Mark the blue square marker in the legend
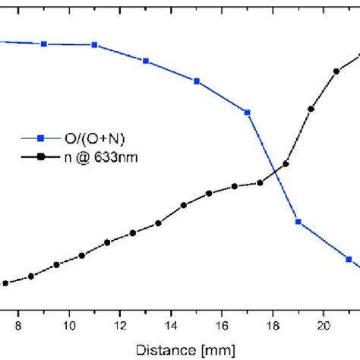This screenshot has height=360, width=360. click(x=42, y=138)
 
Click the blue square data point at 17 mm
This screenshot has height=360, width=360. click(x=248, y=112)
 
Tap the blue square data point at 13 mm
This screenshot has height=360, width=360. click(x=146, y=61)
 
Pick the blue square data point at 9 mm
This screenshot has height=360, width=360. click(x=44, y=44)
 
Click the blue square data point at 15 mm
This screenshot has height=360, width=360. click(x=197, y=81)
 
